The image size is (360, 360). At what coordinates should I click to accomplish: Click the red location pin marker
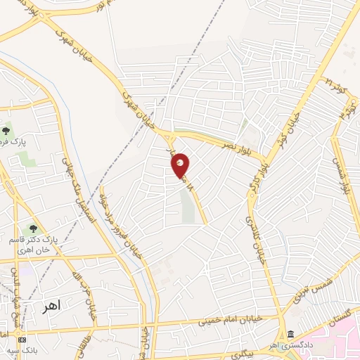181,166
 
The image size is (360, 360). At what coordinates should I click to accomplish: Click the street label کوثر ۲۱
333,89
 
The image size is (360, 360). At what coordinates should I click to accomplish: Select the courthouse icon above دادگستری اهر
290,334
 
